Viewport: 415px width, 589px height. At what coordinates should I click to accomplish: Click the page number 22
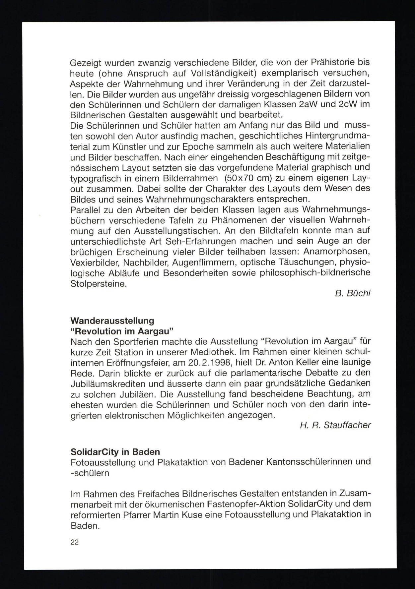pos(74,542)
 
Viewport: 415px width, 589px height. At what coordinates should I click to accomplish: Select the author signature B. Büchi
pos(352,293)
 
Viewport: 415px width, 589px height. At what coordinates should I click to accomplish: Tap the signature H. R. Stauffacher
pos(335,425)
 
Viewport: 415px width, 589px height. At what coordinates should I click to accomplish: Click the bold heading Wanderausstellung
pos(112,321)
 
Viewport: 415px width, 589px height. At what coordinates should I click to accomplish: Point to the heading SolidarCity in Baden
pos(115,452)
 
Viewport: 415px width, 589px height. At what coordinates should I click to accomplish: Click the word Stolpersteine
pos(98,284)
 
